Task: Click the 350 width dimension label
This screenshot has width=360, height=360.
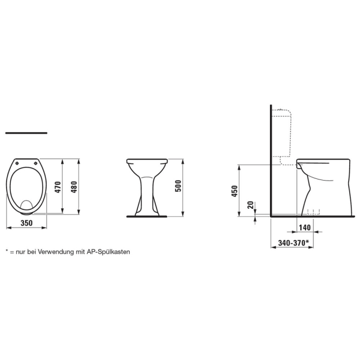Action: [26, 223]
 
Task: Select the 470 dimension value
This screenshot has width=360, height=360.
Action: [58, 187]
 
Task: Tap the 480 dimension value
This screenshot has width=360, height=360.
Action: [74, 187]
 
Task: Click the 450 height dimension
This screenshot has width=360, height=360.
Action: [235, 191]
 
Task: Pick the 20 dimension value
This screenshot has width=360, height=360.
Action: [250, 206]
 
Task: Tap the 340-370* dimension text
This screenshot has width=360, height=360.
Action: [293, 242]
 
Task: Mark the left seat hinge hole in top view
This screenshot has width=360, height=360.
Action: [18, 163]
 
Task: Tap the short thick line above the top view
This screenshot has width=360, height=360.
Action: [26, 133]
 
